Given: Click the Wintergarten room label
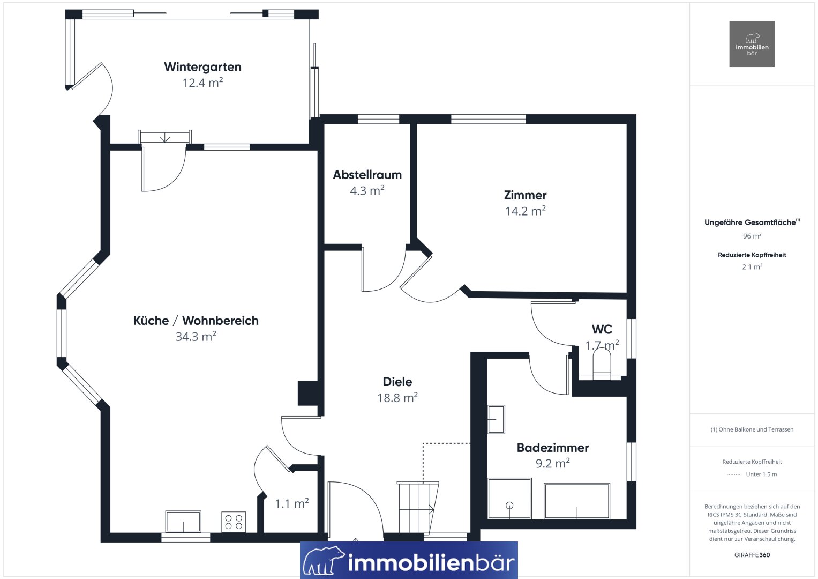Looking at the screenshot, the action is tap(202, 67).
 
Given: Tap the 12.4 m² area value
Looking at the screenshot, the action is tap(202, 83).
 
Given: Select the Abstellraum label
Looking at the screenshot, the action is tap(367, 175).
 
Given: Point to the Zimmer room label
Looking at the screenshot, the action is tap(525, 195).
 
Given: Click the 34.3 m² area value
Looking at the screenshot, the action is tap(196, 336).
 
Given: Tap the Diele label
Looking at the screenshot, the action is tap(397, 382).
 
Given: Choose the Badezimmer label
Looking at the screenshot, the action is tap(552, 448).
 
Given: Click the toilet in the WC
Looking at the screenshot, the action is tap(602, 363).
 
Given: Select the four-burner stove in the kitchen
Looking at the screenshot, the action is tap(234, 522).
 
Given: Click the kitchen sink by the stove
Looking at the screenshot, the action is tap(183, 522).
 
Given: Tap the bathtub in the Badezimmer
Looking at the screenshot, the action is tap(577, 501).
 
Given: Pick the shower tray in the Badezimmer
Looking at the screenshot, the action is tap(509, 498).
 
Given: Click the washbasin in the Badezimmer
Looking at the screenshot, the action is tap(496, 419).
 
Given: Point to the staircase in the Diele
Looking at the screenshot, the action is tap(418, 508).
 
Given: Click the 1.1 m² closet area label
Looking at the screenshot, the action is tap(292, 503).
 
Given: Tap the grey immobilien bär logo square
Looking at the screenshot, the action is tap(752, 44).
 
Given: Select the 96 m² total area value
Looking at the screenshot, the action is tap(752, 236).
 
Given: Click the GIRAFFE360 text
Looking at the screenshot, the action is tap(752, 555).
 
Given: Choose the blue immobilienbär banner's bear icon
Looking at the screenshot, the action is tap(324, 560).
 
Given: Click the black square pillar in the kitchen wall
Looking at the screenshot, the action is tap(309, 394).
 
